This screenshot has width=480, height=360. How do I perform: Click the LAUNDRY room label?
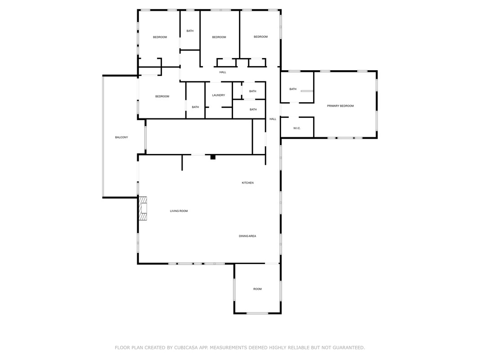pyautogui.click(x=219, y=95)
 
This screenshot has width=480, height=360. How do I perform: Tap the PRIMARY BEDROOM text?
pyautogui.click(x=341, y=106)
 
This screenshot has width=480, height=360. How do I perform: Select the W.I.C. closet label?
pyautogui.click(x=297, y=128)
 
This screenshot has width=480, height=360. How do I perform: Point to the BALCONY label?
pyautogui.click(x=121, y=137)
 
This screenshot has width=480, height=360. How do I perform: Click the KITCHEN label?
pyautogui.click(x=248, y=183)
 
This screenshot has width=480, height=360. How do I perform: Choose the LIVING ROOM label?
pyautogui.click(x=179, y=211)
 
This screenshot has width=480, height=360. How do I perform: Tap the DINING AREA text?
pyautogui.click(x=248, y=236)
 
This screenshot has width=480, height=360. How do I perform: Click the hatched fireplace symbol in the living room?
pyautogui.click(x=143, y=208)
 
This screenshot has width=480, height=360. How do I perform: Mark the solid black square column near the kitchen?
pyautogui.click(x=213, y=157)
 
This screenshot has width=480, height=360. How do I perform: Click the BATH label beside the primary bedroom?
pyautogui.click(x=293, y=89)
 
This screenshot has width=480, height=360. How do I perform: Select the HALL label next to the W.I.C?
pyautogui.click(x=273, y=119)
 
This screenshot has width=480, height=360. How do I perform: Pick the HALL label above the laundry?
pyautogui.click(x=223, y=72)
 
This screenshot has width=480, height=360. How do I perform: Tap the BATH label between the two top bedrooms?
pyautogui.click(x=190, y=31)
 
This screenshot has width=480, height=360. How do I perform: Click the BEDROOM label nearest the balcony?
pyautogui.click(x=162, y=96)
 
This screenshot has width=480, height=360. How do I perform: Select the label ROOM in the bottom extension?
pyautogui.click(x=257, y=289)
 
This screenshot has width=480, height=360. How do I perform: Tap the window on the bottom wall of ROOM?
pyautogui.click(x=257, y=313)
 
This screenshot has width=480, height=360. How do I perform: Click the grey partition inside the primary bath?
pyautogui.click(x=307, y=91)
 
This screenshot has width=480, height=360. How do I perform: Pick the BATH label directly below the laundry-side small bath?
pyautogui.click(x=253, y=110)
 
